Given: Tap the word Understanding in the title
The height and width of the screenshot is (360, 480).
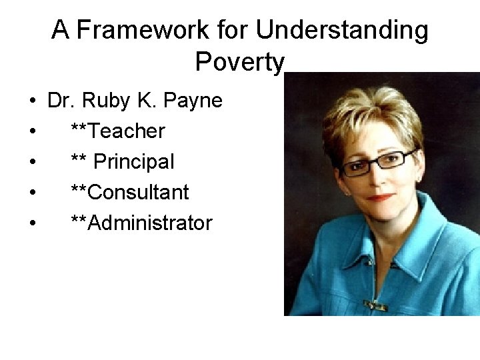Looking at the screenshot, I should pyautogui.click(x=342, y=30).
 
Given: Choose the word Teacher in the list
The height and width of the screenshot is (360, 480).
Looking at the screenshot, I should pyautogui.click(x=126, y=131).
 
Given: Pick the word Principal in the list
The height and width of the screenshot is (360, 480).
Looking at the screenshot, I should pyautogui.click(x=134, y=162).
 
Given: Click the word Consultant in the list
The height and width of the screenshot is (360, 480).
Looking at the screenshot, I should pyautogui.click(x=138, y=192).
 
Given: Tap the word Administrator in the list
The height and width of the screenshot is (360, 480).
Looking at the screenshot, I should pyautogui.click(x=149, y=223).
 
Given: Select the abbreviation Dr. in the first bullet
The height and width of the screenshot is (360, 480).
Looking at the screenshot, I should pyautogui.click(x=62, y=101).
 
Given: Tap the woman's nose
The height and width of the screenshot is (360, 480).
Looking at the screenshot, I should pyautogui.click(x=377, y=177).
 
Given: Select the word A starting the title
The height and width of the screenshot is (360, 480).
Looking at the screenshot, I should pyautogui.click(x=61, y=30).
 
